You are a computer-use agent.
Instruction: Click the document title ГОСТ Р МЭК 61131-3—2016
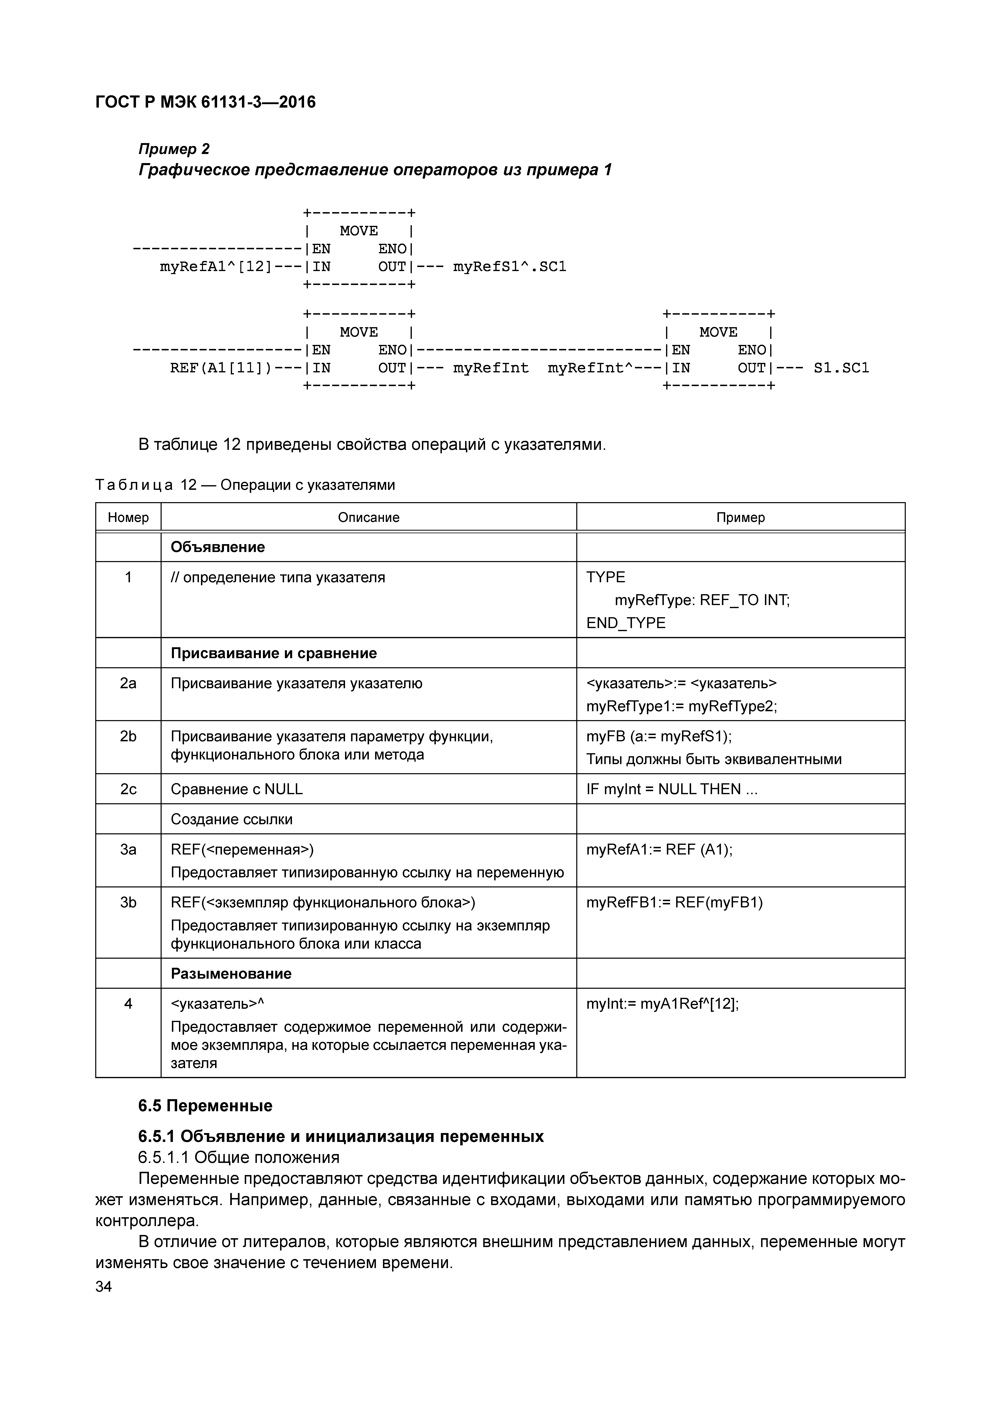[x=205, y=102]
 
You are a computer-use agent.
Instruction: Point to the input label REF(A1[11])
[x=220, y=368]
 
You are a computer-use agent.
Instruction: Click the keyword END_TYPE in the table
[x=625, y=623]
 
